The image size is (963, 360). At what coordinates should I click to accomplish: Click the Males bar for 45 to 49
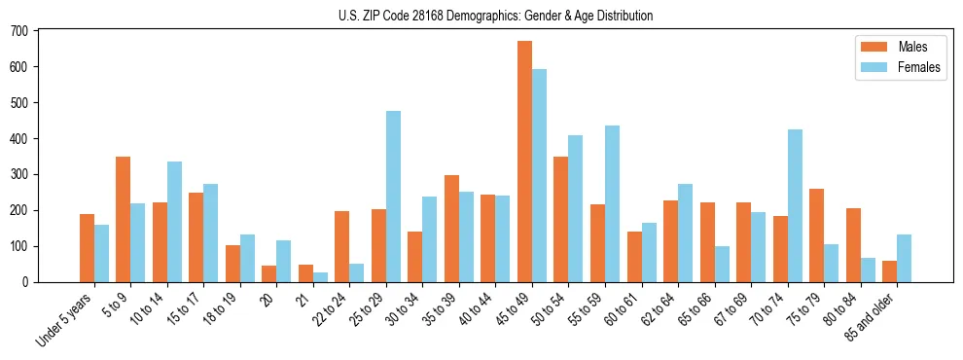coord(525,162)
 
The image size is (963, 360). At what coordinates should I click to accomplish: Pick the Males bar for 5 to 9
coord(124,219)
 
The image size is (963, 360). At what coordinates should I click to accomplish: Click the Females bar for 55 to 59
coord(613,203)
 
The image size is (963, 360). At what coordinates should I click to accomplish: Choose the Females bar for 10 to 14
coord(175,222)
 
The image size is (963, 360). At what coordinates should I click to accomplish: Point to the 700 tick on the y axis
coord(37,30)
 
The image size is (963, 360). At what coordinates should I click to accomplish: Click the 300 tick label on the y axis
coord(19,174)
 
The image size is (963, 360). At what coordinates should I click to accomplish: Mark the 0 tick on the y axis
coord(37,282)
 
